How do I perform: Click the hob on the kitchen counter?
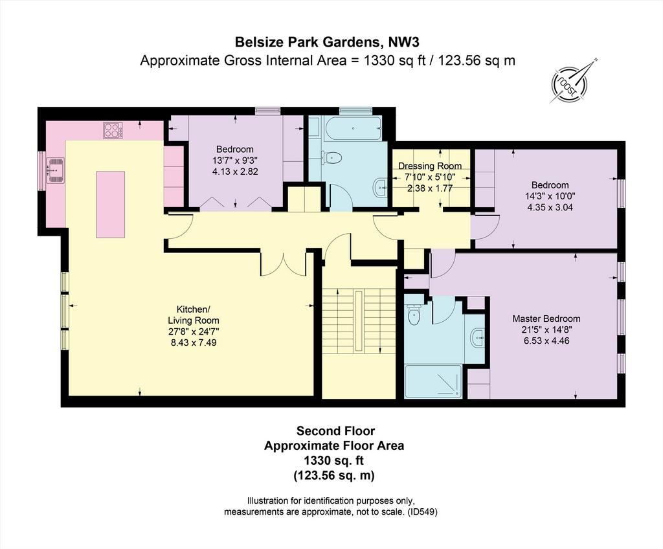pos(113,130)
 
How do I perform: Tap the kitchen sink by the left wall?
pos(56,170)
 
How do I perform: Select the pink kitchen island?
pos(110,205)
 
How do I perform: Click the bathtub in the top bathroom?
pos(353,128)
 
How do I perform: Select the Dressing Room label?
pos(430,166)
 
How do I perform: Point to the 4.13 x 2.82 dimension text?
pos(235,172)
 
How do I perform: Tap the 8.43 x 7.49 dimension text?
pos(194,342)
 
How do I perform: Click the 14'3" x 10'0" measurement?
pos(550,196)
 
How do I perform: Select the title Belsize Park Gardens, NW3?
pos(327,42)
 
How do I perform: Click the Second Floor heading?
pos(335,431)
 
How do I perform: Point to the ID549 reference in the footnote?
pos(422,512)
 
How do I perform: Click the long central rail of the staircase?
pos(359,320)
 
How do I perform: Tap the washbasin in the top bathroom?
pos(381,186)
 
